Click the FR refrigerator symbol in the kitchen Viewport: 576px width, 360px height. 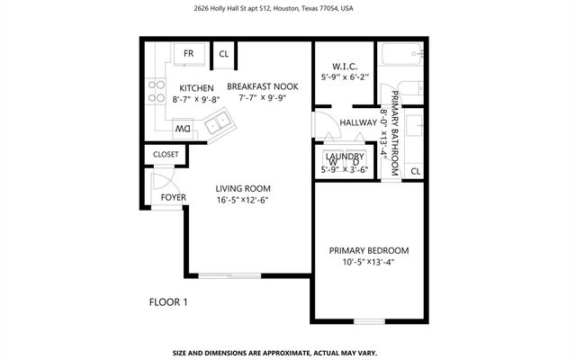[189, 54]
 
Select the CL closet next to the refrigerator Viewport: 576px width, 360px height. [224, 54]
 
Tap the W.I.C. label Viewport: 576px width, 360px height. [345, 66]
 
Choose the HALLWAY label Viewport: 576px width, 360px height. [357, 122]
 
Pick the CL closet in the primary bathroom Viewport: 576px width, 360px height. [416, 171]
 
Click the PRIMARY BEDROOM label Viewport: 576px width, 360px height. [369, 250]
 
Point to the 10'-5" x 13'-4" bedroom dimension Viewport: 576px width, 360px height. [369, 263]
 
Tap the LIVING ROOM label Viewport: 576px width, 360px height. [243, 188]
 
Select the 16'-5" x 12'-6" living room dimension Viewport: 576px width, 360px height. [243, 201]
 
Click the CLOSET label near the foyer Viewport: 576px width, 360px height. [166, 155]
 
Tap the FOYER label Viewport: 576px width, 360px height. [173, 197]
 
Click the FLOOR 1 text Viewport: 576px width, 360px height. [167, 302]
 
